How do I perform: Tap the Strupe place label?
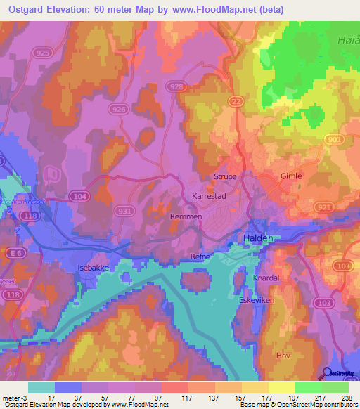(225, 177)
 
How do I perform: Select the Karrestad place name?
(208, 197)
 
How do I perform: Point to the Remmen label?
(186, 217)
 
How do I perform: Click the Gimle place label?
(290, 177)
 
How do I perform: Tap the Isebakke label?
(94, 268)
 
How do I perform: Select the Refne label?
(200, 257)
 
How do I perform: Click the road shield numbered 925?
(41, 53)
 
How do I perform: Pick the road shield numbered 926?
(120, 109)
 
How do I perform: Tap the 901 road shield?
(333, 141)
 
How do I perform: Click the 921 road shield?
(325, 207)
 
